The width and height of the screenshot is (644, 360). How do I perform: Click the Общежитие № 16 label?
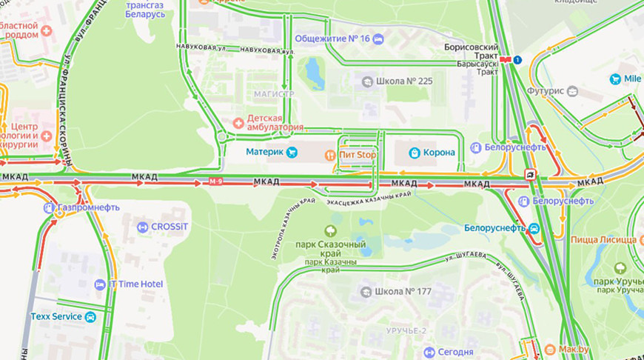tap(332, 39)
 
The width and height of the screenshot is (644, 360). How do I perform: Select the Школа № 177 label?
tap(403, 291)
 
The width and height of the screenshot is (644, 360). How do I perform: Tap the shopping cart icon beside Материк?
tap(292, 153)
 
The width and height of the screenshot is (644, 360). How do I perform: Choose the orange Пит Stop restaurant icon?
tap(330, 154)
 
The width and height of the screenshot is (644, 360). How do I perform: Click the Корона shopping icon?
tap(415, 153)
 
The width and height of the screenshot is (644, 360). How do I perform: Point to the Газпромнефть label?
tap(88, 207)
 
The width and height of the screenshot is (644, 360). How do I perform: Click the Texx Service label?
tap(56, 316)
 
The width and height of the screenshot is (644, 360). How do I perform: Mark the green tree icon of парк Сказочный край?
tap(330, 230)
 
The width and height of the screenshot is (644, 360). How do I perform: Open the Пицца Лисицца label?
tap(603, 239)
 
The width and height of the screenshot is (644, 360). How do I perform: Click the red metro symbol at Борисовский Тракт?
tap(506, 59)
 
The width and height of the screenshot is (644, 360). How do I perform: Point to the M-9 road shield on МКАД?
tap(215, 182)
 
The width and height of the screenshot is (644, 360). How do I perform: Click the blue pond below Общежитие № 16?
tap(314, 73)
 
